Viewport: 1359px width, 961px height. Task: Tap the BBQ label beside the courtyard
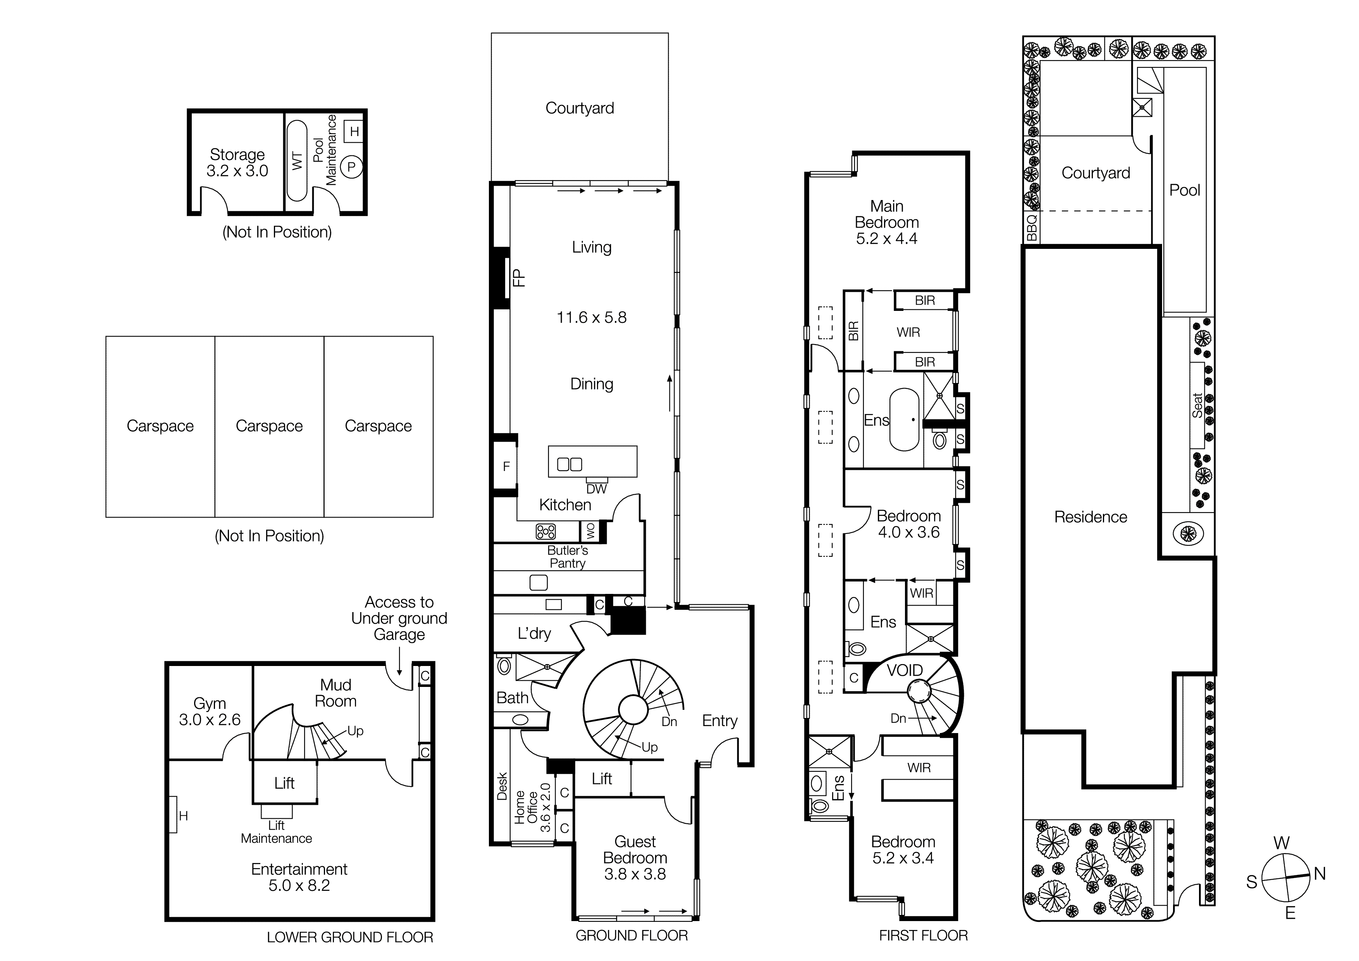[1032, 228]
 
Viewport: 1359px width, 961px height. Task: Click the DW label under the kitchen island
[596, 489]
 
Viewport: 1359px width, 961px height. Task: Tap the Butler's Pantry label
[567, 557]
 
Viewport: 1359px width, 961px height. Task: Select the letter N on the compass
[1319, 873]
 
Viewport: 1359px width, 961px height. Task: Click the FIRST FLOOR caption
[923, 935]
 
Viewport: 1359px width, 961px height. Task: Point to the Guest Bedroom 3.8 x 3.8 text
[635, 858]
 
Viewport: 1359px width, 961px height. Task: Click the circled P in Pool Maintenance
[351, 167]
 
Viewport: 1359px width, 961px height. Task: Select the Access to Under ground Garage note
[399, 618]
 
